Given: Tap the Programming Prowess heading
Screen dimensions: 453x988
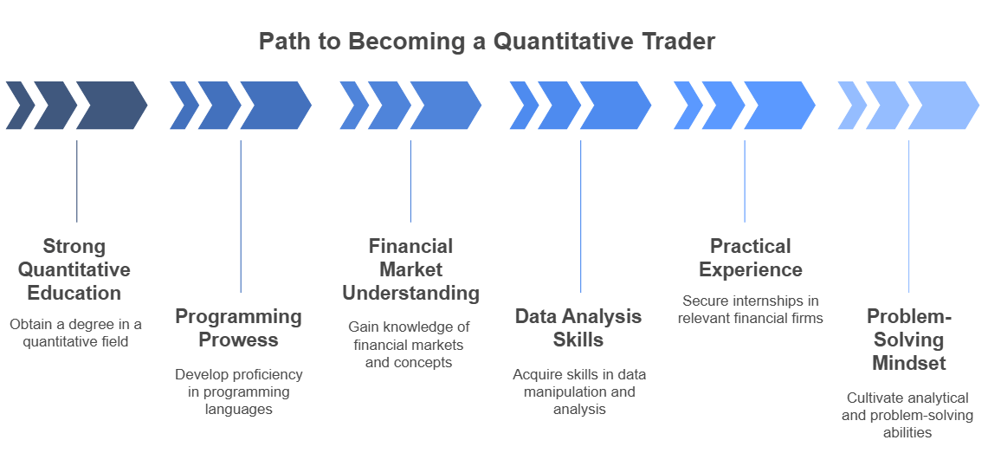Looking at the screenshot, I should point(238,327).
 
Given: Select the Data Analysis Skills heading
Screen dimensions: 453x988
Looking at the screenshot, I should point(578,327).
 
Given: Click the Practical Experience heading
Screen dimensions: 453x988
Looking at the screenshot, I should point(751,258).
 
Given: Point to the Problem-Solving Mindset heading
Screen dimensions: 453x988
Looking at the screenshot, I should point(908,340).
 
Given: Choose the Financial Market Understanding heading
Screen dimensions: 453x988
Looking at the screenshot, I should point(410,269).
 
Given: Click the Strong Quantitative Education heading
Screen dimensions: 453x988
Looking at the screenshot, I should point(74,269).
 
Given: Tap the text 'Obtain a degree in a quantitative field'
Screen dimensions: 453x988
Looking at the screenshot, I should point(75,333).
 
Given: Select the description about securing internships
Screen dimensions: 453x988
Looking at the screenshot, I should point(751,309).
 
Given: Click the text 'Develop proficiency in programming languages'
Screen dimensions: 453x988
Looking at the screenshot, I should point(239,392).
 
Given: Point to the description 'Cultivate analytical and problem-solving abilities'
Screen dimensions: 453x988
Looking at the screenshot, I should point(907,415).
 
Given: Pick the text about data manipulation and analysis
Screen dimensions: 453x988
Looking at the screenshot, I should point(579,392).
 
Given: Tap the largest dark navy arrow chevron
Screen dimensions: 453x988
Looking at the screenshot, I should point(111,106).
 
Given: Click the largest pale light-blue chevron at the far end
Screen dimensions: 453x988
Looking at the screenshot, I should point(943,106).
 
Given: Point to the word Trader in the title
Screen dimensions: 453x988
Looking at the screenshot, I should point(683,42).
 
